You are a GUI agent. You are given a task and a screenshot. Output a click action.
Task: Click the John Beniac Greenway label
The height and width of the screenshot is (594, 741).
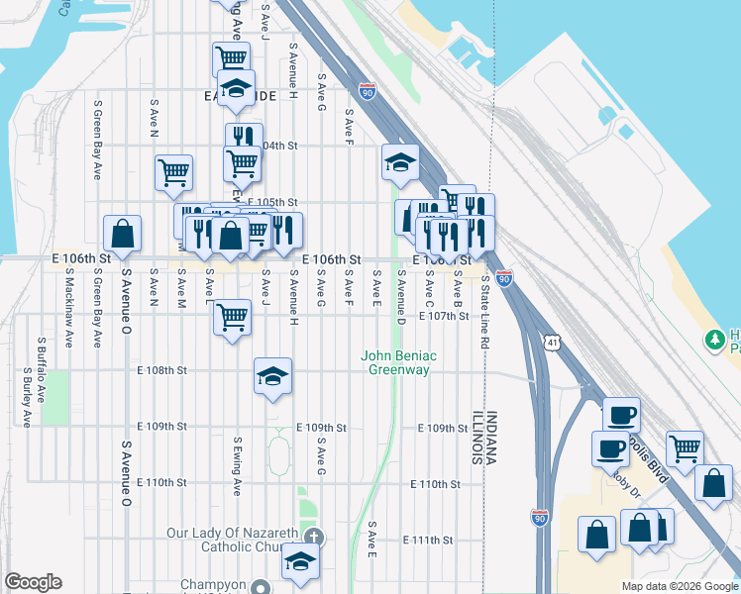(399, 362)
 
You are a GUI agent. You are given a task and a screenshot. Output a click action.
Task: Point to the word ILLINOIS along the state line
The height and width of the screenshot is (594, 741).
(476, 437)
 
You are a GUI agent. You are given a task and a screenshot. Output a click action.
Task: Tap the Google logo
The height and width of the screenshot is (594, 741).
(34, 582)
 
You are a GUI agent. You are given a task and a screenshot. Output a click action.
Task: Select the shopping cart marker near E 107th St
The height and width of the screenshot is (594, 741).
(232, 319)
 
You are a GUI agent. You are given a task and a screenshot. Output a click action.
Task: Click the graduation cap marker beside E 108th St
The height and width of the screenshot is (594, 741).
(272, 376)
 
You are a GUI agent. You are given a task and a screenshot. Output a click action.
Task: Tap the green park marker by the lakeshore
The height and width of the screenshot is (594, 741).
(714, 341)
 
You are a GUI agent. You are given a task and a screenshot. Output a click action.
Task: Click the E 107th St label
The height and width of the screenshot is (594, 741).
(443, 316)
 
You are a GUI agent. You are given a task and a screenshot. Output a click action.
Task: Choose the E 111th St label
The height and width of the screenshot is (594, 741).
(428, 540)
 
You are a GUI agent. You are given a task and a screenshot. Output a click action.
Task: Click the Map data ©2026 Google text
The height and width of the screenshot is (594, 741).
(679, 586)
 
